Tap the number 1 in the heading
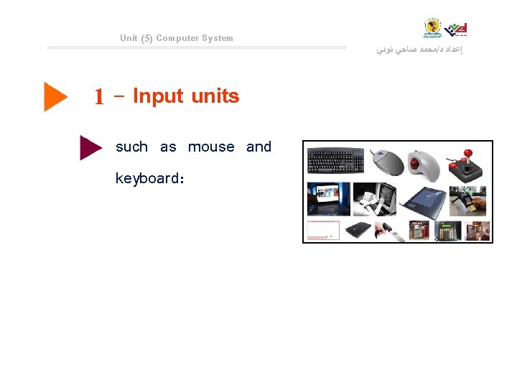(x=100, y=97)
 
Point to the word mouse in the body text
(x=211, y=147)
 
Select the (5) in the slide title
(x=146, y=38)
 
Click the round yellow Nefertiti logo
(x=433, y=28)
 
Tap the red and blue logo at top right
(x=456, y=29)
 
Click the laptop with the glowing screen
(x=328, y=199)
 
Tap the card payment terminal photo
(x=468, y=199)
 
